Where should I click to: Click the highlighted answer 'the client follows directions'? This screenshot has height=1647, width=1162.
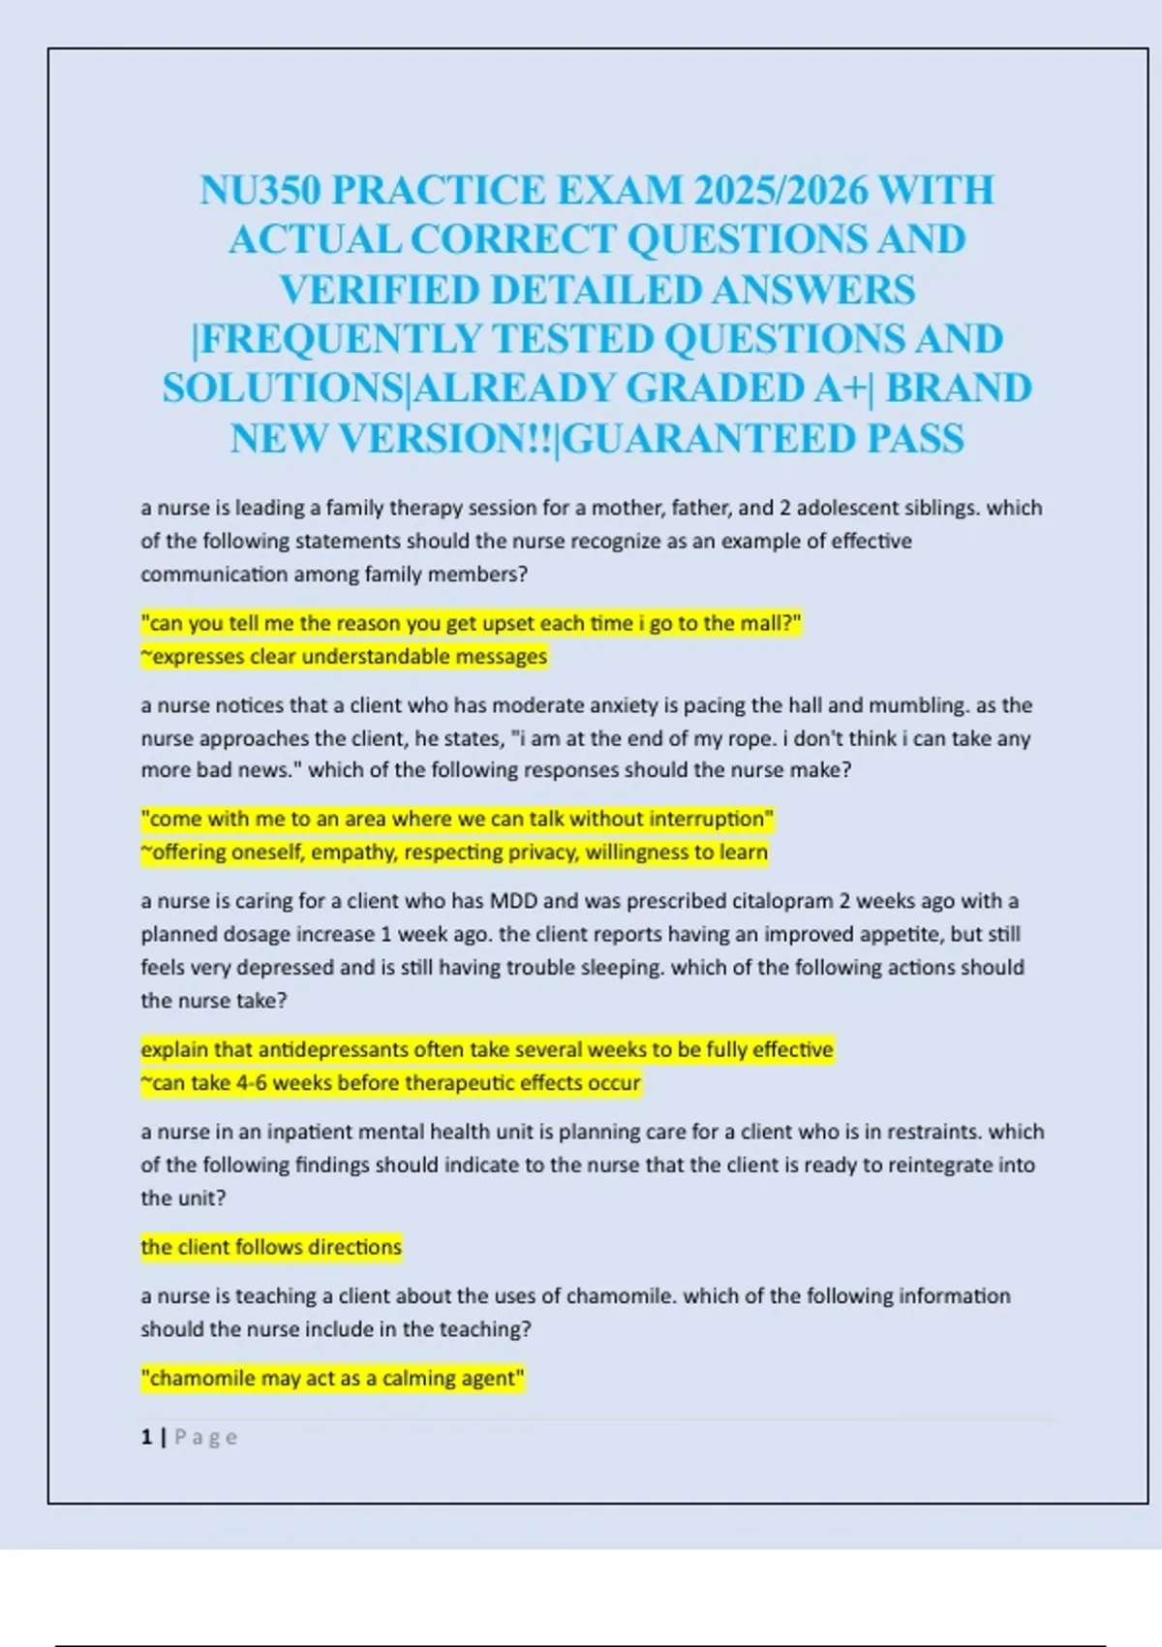[271, 1247]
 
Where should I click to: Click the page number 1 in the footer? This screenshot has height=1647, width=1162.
[146, 1438]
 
